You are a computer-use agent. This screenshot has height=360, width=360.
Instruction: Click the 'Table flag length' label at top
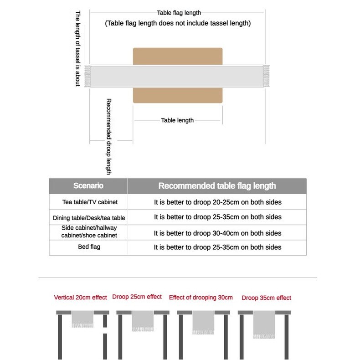[x=179, y=13]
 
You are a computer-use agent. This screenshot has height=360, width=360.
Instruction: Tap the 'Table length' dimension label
[x=177, y=120]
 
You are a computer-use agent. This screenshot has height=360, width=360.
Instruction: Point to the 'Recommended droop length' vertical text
[x=108, y=137]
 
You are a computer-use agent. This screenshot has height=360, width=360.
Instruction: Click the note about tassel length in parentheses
[x=178, y=23]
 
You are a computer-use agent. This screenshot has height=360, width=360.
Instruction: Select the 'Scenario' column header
[x=88, y=186]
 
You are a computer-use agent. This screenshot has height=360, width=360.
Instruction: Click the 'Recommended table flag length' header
[x=217, y=186]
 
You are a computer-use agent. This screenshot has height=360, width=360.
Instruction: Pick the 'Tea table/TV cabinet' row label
[x=88, y=201]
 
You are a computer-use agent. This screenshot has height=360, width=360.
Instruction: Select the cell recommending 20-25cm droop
[x=217, y=201]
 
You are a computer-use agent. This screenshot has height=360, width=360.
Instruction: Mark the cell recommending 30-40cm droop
[x=217, y=233]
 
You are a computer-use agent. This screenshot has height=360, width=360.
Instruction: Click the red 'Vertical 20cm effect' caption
[x=81, y=298]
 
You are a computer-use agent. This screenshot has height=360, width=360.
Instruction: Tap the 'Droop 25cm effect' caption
[x=137, y=297]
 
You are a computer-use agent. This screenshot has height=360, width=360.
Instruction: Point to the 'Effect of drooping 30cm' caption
[x=201, y=298]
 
